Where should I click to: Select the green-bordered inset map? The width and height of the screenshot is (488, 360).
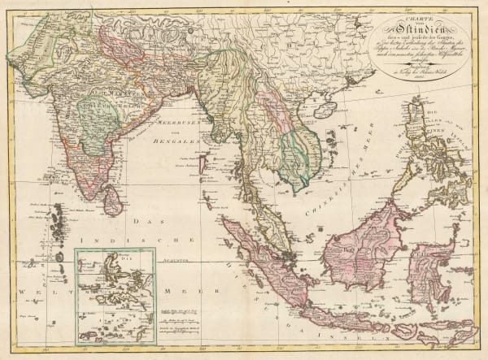coord(115,297)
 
